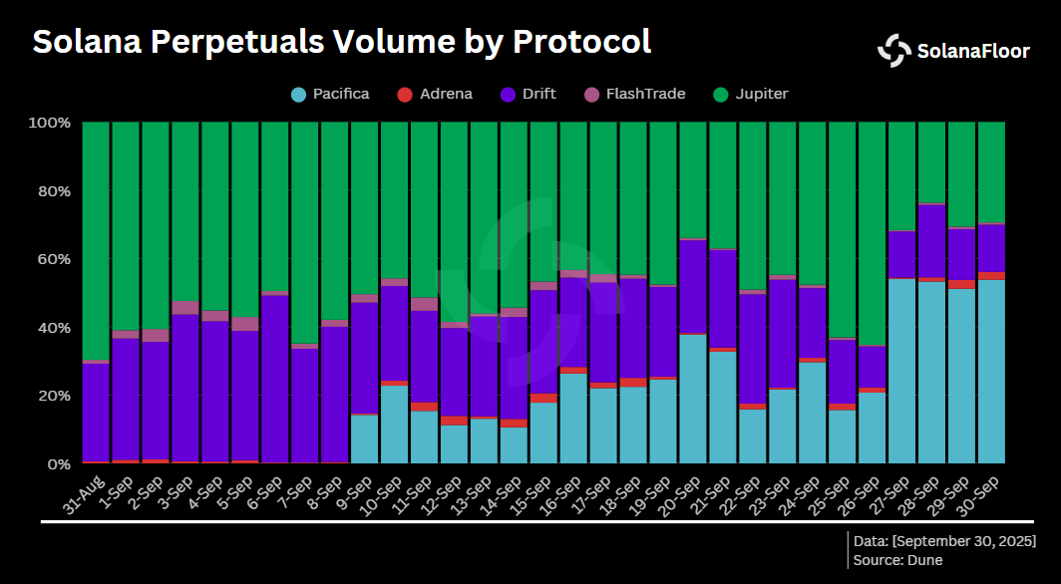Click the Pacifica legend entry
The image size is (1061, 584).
[x=330, y=95]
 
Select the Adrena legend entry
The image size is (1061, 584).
[x=435, y=95]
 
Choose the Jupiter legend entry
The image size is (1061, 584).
[x=751, y=95]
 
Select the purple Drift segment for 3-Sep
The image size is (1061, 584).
[x=185, y=388]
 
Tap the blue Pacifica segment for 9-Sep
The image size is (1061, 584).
[x=365, y=438]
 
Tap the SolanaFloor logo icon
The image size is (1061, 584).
[x=893, y=51]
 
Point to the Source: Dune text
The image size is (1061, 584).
[x=897, y=560]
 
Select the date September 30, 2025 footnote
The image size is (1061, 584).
[x=943, y=540]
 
